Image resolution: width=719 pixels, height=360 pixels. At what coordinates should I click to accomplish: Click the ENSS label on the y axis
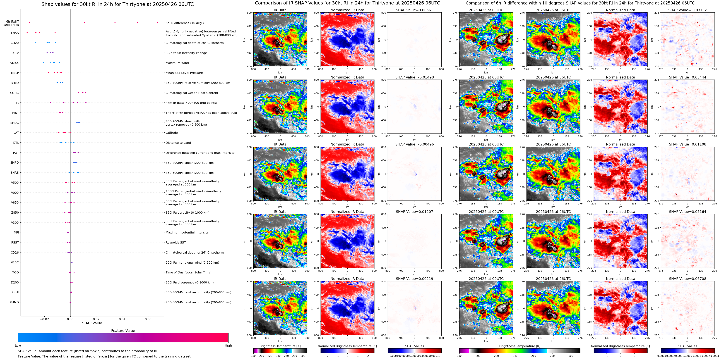pyautogui.click(x=15, y=33)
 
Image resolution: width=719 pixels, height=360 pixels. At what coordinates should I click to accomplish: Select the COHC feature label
pyautogui.click(x=15, y=93)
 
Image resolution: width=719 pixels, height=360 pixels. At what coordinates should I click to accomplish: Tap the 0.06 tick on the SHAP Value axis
pyautogui.click(x=148, y=319)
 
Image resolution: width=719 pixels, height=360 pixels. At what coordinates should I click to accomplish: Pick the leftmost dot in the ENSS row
pyautogui.click(x=27, y=33)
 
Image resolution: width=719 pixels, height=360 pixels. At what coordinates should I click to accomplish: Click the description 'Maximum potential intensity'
pyautogui.click(x=187, y=232)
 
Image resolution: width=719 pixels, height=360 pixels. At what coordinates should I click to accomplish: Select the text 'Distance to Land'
pyautogui.click(x=178, y=143)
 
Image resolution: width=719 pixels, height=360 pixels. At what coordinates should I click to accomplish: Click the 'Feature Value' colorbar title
pyautogui.click(x=123, y=331)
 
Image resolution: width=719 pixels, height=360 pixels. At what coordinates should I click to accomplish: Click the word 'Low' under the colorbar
pyautogui.click(x=18, y=345)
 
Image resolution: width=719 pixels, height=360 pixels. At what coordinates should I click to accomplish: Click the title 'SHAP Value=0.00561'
pyautogui.click(x=414, y=10)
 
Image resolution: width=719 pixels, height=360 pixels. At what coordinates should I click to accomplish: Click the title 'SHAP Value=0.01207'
pyautogui.click(x=414, y=212)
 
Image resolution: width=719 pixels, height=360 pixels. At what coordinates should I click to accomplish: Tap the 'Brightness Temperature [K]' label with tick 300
pyautogui.click(x=280, y=346)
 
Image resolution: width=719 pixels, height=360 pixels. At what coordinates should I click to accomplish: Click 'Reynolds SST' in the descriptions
pyautogui.click(x=175, y=242)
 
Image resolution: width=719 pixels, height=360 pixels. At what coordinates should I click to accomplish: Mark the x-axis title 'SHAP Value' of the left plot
pyautogui.click(x=92, y=323)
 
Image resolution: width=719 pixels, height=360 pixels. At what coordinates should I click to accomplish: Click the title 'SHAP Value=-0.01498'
pyautogui.click(x=414, y=77)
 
